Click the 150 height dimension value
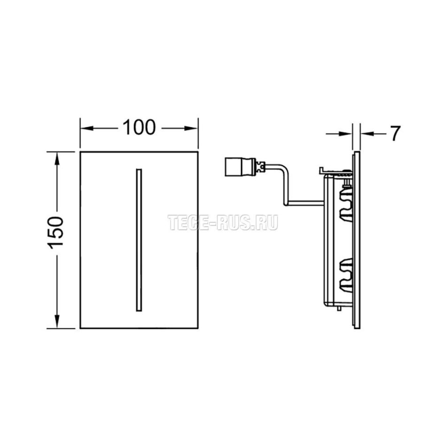tap(56, 233)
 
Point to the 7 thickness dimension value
tap(395, 133)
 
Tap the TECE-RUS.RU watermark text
tap(223, 223)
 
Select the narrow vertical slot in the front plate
tap(139, 240)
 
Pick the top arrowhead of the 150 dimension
tap(57, 158)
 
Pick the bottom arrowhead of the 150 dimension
tap(57, 322)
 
